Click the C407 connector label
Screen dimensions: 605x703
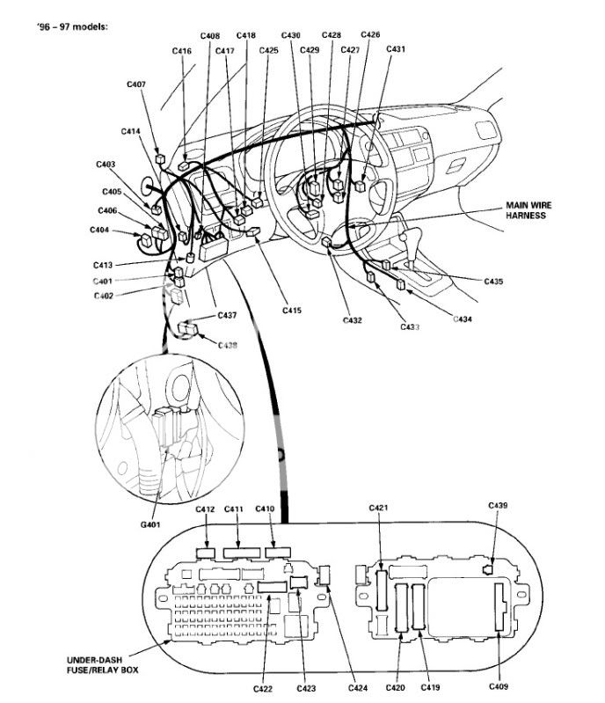[136, 84]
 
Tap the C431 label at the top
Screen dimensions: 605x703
[396, 49]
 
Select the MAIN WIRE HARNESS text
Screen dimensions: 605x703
[528, 210]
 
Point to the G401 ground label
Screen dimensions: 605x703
[150, 524]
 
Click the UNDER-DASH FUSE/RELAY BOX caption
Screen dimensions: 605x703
[103, 665]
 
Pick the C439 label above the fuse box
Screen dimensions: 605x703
[498, 505]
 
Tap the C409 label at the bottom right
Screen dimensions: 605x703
[499, 686]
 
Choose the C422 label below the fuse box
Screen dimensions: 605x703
[263, 688]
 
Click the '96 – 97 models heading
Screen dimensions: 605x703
[73, 27]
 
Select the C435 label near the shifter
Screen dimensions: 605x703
[493, 282]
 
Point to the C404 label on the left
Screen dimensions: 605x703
[99, 230]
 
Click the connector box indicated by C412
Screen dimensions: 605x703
[206, 553]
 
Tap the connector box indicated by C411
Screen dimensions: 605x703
[242, 553]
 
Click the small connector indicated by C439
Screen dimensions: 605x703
[487, 569]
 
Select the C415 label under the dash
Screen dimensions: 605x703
[292, 311]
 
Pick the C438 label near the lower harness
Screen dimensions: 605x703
[228, 345]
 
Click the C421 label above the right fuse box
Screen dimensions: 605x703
[379, 508]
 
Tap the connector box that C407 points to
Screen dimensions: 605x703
[160, 158]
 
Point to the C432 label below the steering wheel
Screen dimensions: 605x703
[353, 320]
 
